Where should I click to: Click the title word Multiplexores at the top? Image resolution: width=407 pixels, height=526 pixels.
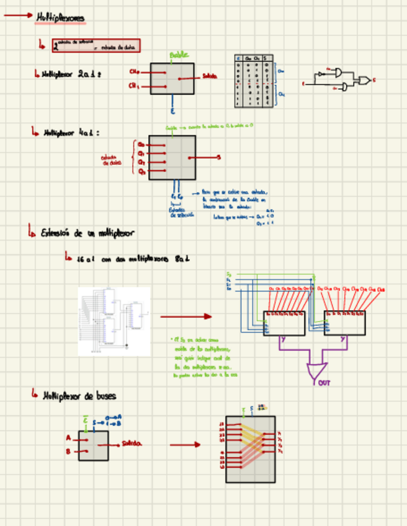[60, 18]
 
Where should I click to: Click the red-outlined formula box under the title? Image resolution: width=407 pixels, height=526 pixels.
[96, 45]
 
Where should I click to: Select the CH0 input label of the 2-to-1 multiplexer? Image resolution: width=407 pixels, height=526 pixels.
[134, 71]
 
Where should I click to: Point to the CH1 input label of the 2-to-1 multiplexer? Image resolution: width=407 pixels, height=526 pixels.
[134, 86]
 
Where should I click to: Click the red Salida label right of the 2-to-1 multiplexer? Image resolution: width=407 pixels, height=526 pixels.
[209, 77]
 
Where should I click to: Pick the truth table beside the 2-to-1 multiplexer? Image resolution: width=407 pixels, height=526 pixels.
[254, 81]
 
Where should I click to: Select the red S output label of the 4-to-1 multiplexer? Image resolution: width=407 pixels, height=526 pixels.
[218, 158]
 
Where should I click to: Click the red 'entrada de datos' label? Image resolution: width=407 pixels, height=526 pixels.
[112, 160]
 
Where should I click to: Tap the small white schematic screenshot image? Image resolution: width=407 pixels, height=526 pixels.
[114, 321]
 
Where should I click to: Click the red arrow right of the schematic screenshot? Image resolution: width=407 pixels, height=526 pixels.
[186, 317]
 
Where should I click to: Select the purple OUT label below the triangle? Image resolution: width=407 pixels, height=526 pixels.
[324, 383]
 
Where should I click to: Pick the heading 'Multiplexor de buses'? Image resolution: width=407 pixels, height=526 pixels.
[79, 395]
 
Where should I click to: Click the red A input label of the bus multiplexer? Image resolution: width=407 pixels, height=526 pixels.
[68, 438]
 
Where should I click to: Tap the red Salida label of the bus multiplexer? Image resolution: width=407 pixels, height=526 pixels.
[132, 444]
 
